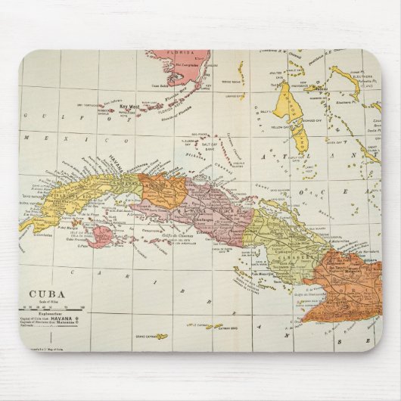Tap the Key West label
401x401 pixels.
click(x=133, y=107)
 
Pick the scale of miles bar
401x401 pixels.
click(x=53, y=308)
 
